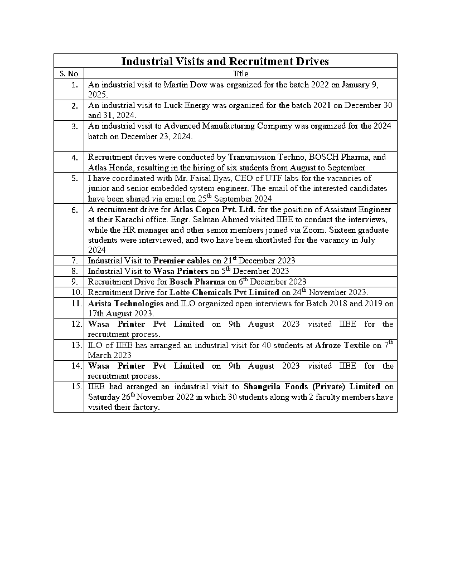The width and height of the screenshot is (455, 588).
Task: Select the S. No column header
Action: [x=69, y=73]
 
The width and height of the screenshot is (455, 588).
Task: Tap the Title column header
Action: [x=241, y=73]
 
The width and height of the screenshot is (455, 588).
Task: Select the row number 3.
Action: [x=75, y=126]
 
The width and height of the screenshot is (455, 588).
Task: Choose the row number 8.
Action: [x=75, y=271]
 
